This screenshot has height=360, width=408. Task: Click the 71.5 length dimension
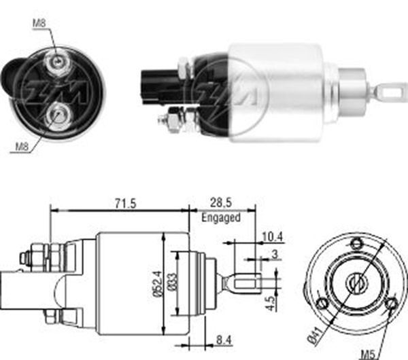tap(125, 203)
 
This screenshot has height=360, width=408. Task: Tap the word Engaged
tap(221, 217)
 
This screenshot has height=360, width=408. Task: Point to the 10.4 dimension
tap(273, 237)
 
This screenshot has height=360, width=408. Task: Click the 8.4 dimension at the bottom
tap(224, 340)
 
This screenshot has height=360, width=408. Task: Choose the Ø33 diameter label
tap(172, 281)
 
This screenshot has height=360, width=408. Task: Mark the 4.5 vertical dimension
tap(271, 304)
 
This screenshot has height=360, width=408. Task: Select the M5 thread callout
tap(369, 355)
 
